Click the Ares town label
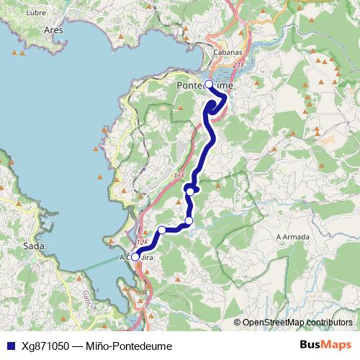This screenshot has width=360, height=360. (53, 31)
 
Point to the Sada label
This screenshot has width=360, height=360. (34, 246)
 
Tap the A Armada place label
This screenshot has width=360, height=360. (292, 237)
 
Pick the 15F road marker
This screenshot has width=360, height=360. (179, 175)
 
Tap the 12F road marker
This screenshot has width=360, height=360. (142, 243)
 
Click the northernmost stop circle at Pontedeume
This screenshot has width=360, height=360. (209, 84)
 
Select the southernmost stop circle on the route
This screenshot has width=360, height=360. (135, 256)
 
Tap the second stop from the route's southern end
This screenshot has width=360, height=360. (162, 230)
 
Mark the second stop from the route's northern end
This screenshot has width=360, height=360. (190, 191)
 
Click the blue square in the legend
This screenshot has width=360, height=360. (10, 346)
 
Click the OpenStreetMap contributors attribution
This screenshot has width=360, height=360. (297, 323)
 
